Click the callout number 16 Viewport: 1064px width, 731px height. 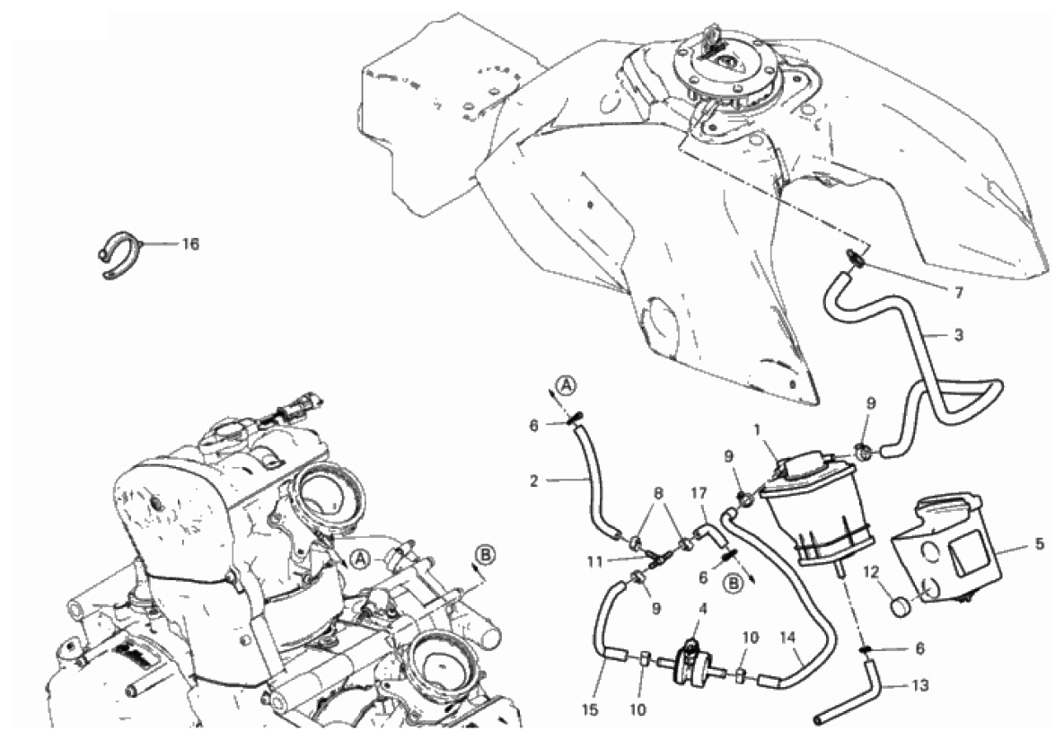pyautogui.click(x=189, y=244)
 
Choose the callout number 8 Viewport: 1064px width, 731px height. pyautogui.click(x=658, y=493)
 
